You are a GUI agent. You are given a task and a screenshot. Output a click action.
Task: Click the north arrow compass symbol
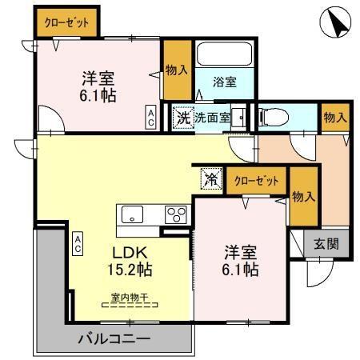pyautogui.click(x=335, y=25)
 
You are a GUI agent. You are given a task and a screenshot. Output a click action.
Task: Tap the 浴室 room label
pyautogui.click(x=225, y=82)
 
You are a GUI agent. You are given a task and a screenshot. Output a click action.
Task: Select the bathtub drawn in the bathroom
pyautogui.click(x=225, y=54)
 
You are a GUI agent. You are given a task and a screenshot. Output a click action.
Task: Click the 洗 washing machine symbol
pyautogui.click(x=184, y=117)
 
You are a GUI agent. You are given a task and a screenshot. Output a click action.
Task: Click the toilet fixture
pyautogui.click(x=271, y=117)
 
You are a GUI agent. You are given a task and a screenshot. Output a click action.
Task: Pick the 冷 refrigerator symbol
pyautogui.click(x=210, y=178)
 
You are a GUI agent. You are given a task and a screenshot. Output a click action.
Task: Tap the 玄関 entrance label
pyautogui.click(x=325, y=244)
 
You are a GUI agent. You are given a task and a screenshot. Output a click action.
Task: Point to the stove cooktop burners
pyautogui.click(x=176, y=214)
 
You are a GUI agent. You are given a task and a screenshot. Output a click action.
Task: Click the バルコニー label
pyautogui.click(x=114, y=339)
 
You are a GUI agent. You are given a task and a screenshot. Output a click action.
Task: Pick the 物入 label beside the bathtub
pyautogui.click(x=176, y=70)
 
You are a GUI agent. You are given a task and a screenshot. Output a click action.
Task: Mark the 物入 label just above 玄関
pyautogui.click(x=302, y=196)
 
